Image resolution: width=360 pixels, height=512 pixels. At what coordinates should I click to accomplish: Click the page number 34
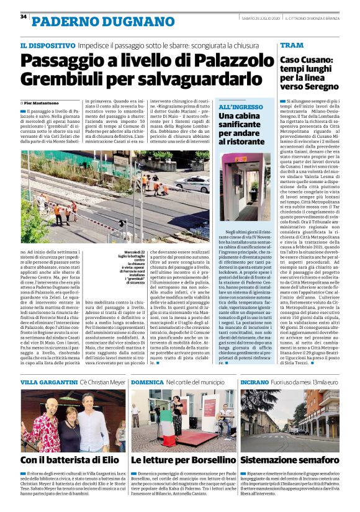[24, 16]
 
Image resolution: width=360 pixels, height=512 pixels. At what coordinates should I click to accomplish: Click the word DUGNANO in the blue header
[117, 23]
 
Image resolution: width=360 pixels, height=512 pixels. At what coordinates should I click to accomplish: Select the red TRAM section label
[292, 45]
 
